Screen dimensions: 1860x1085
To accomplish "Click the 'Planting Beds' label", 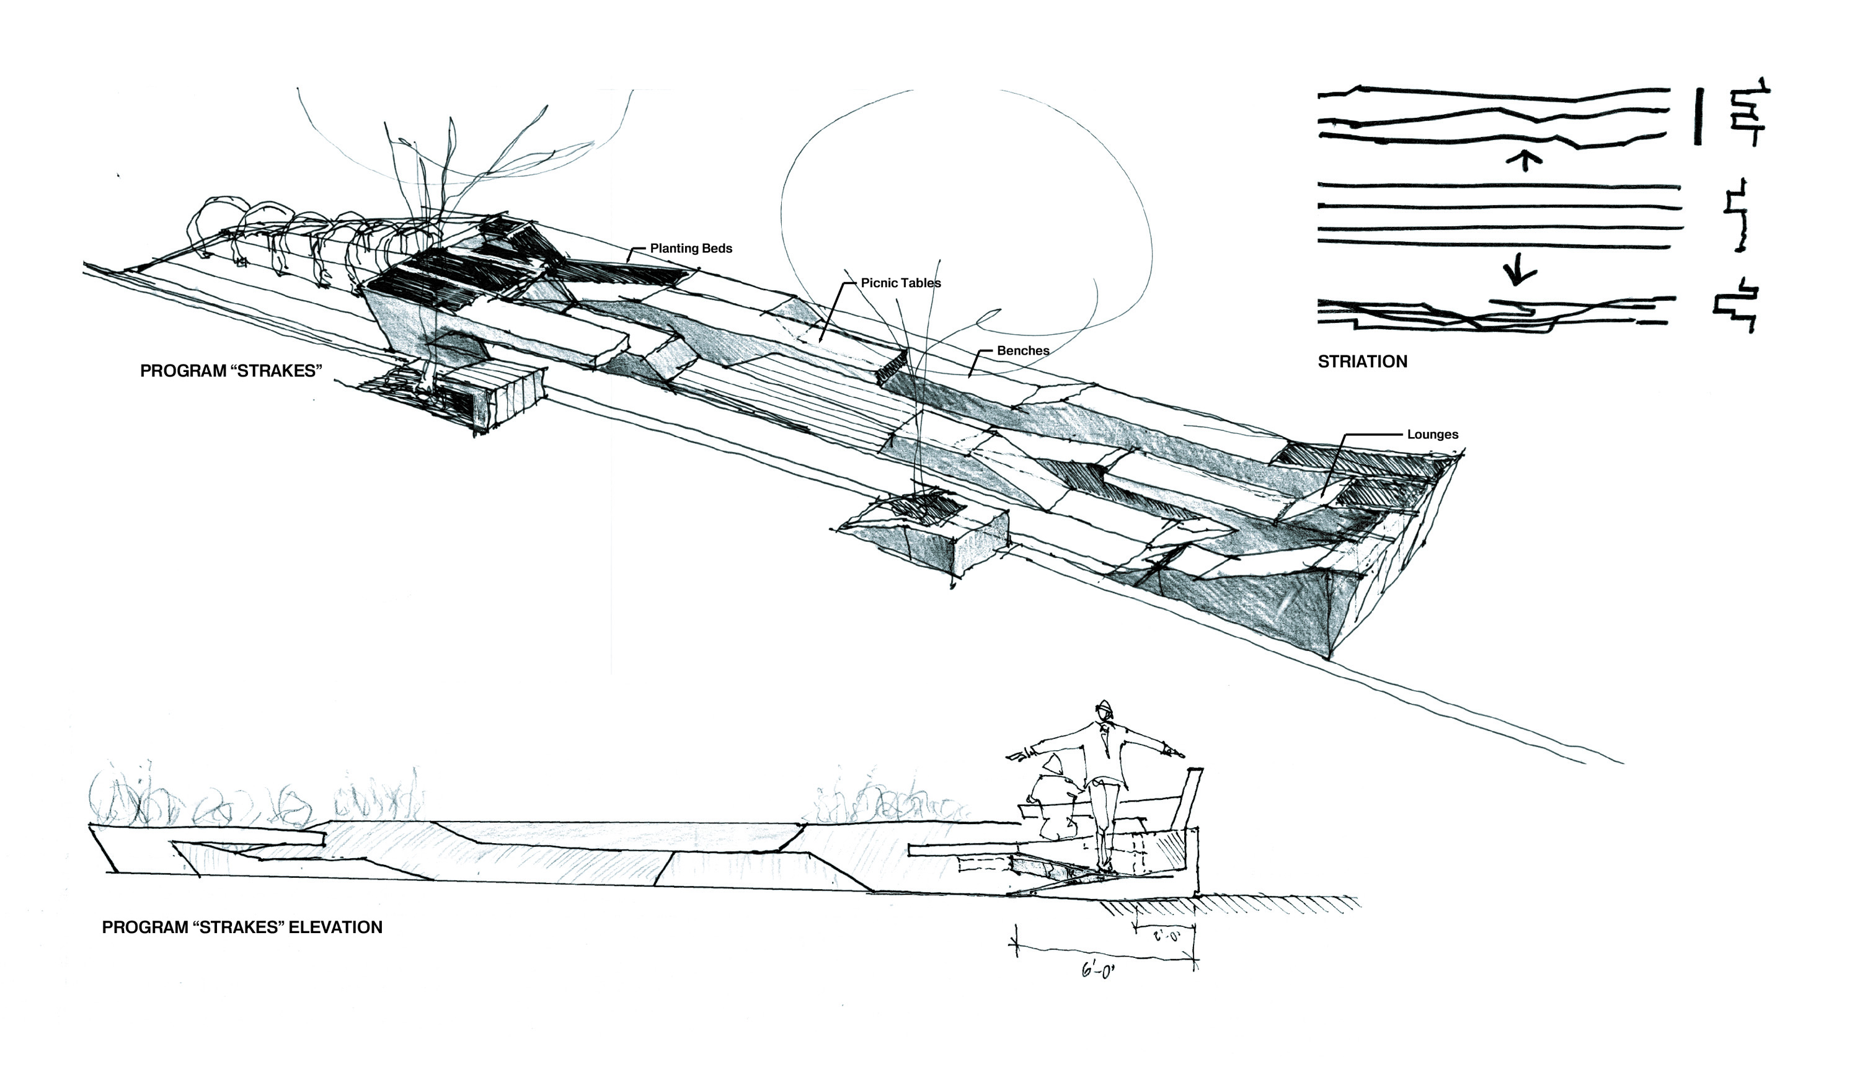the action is pos(691,248).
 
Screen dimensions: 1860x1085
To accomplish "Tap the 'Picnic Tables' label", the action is pos(900,283).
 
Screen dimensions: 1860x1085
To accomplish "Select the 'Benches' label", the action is pos(1023,350).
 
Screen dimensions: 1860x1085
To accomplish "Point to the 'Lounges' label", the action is pos(1433,435).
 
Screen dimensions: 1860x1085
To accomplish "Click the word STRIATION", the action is pos(1363,361).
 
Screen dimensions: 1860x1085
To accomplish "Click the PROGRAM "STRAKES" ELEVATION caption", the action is pos(242,927).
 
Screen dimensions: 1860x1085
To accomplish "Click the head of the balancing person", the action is pos(1104,710).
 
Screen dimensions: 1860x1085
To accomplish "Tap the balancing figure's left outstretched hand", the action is pos(1020,755).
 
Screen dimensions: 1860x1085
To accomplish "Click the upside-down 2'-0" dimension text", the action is pos(1166,937).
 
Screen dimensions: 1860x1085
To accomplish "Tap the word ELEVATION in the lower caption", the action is pos(335,927).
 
